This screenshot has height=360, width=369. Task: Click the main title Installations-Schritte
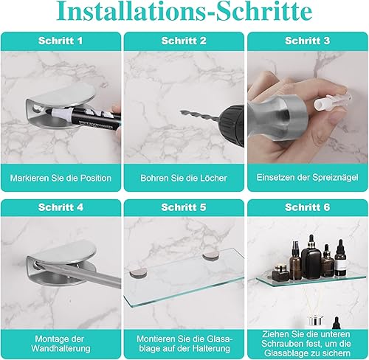coord(184,11)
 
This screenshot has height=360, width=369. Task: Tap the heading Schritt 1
coord(61,41)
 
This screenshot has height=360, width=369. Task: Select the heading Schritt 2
coord(184,41)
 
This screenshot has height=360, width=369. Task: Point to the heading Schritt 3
coord(307,41)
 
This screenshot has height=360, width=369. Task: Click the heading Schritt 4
coord(61,207)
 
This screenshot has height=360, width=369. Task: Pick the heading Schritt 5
coord(184,207)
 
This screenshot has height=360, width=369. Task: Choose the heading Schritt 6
coord(307,207)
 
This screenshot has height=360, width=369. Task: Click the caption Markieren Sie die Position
coord(61,178)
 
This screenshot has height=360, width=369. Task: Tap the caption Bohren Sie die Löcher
coord(184,178)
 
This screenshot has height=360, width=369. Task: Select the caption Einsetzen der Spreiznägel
coord(307,178)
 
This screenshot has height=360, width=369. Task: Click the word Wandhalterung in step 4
coord(61,348)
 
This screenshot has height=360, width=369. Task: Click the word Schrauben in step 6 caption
coord(280,344)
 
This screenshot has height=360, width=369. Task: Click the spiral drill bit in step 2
coord(199,116)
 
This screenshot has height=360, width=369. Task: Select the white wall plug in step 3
coord(332,101)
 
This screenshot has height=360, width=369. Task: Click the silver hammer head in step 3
coord(278,117)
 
